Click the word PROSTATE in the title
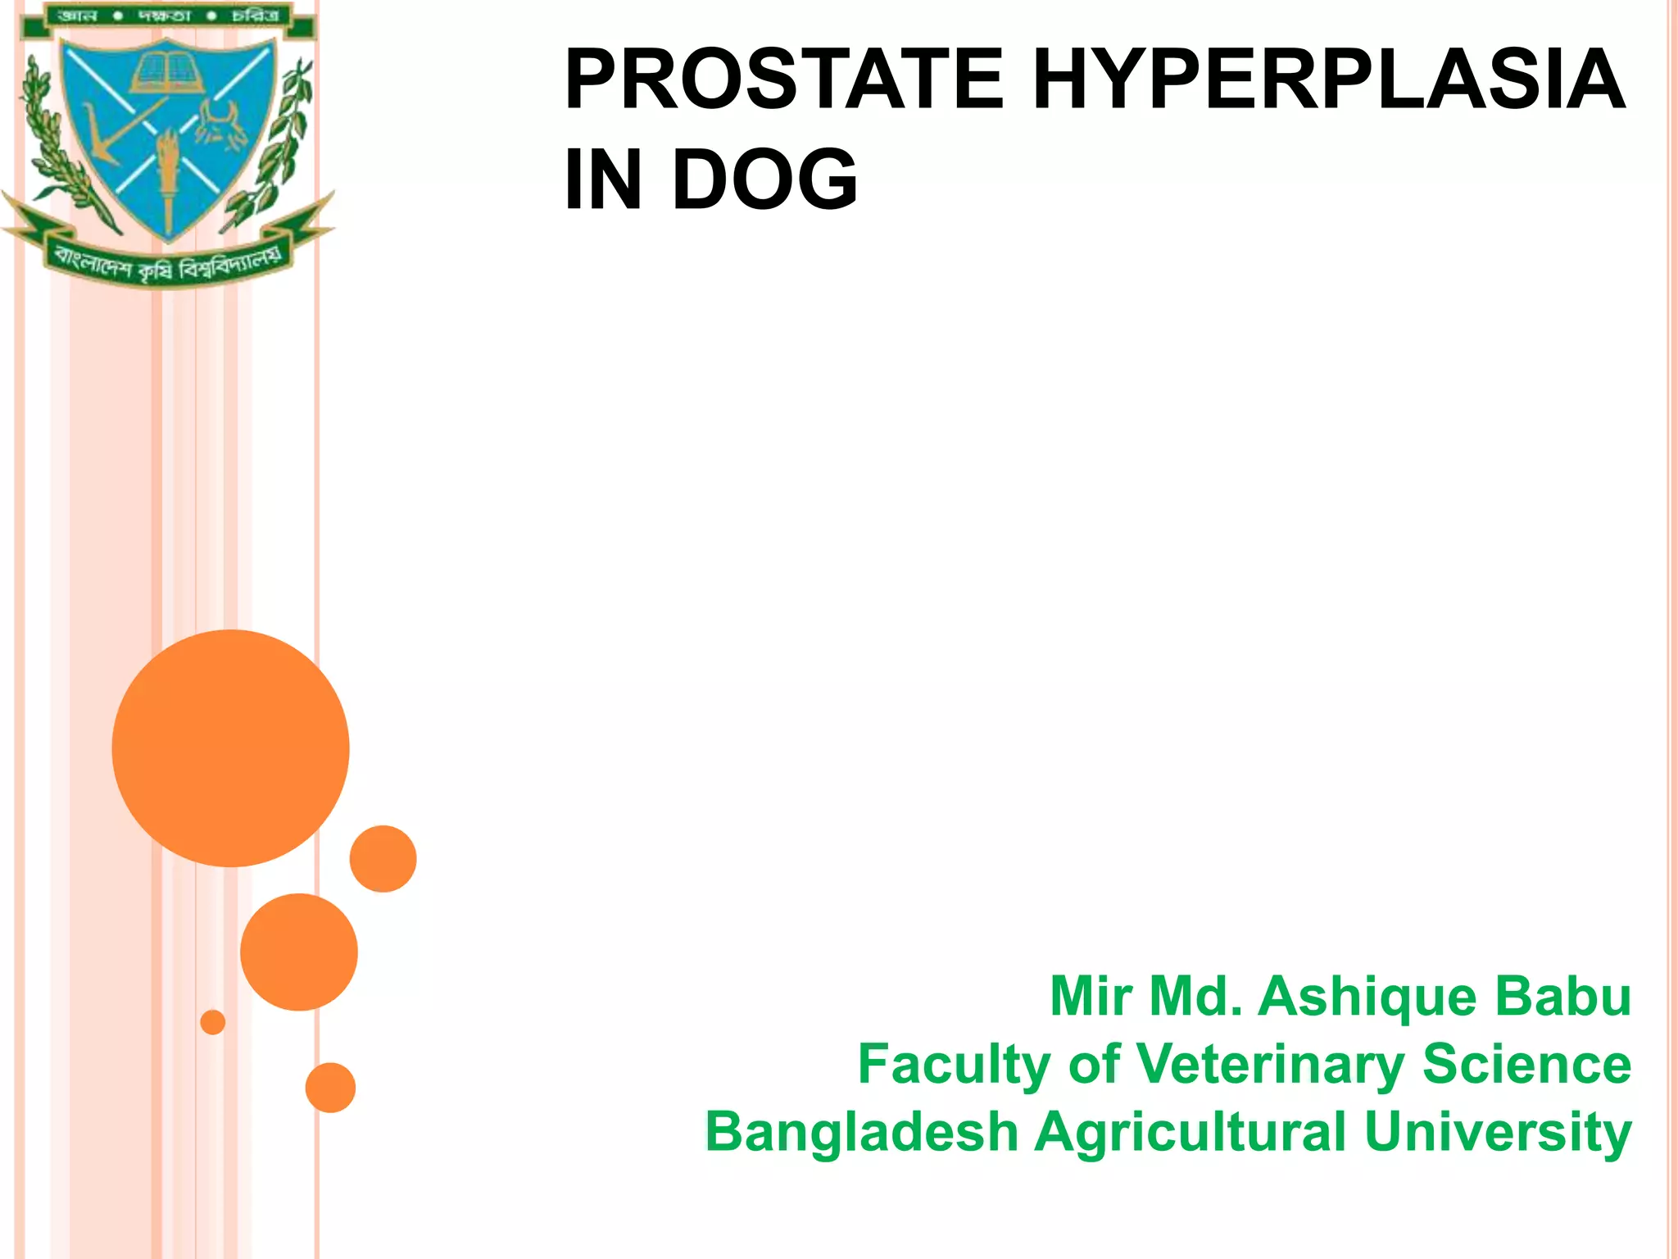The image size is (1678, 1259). [x=783, y=80]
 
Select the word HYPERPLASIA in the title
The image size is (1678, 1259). [x=1328, y=80]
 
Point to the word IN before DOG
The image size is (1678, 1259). [x=603, y=180]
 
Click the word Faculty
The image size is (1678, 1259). [x=954, y=1065]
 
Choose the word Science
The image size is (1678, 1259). [x=1526, y=1065]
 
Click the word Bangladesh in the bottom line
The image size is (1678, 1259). [x=861, y=1132]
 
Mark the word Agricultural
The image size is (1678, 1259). [x=1190, y=1132]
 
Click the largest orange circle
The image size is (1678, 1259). [x=230, y=748]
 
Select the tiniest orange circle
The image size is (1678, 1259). [x=212, y=1022]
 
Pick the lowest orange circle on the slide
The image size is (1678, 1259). [x=330, y=1088]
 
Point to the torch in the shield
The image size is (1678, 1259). [x=169, y=176]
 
